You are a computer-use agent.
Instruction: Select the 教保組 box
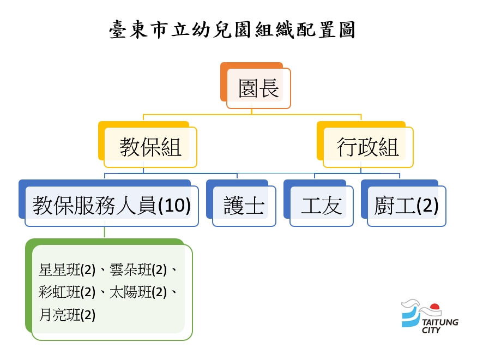click(x=148, y=145)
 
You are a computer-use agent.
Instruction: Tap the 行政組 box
click(x=365, y=145)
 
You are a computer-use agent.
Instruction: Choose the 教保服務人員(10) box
click(x=108, y=203)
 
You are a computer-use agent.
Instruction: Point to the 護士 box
click(x=241, y=203)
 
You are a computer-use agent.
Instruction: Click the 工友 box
click(x=318, y=203)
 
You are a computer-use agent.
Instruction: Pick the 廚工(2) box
click(x=403, y=203)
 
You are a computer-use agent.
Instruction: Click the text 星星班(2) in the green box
click(x=67, y=269)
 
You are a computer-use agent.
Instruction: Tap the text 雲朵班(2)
click(x=138, y=269)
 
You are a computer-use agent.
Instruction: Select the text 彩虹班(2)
click(x=67, y=292)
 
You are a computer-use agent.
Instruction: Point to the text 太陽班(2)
click(x=138, y=292)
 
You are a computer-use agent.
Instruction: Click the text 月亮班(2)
click(x=67, y=315)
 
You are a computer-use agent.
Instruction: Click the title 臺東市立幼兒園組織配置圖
click(x=232, y=30)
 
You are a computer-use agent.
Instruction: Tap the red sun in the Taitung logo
click(x=435, y=307)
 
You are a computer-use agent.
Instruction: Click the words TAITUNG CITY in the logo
click(x=439, y=326)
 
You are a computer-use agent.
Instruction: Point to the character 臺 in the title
click(x=118, y=30)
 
